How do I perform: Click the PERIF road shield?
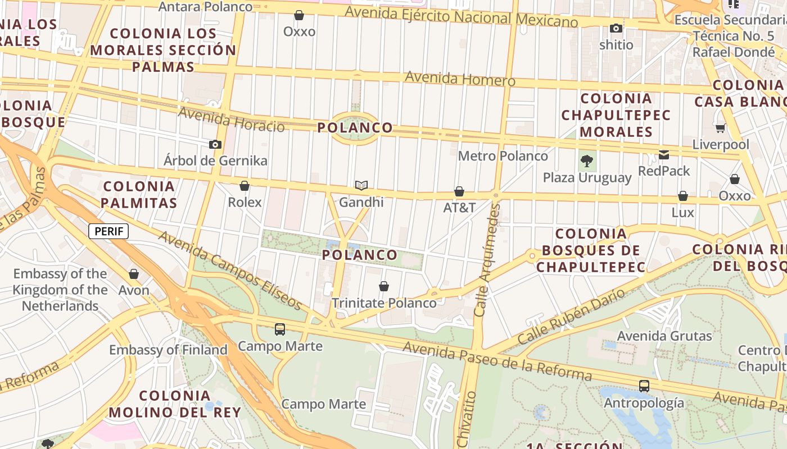[108, 231]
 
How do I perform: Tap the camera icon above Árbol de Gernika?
[215, 145]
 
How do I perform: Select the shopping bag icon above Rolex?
[245, 186]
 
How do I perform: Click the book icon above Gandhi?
[361, 186]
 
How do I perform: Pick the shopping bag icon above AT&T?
[459, 191]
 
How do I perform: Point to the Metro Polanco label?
[503, 156]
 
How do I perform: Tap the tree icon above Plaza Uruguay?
[587, 162]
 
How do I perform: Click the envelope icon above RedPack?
[664, 155]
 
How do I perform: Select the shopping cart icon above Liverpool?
[721, 129]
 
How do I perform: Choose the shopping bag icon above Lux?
[682, 196]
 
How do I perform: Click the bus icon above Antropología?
[644, 386]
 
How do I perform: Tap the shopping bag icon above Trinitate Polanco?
[384, 286]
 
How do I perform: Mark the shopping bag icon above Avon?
[134, 274]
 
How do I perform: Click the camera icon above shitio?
[616, 28]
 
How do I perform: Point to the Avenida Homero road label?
[460, 79]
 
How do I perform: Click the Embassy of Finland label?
[168, 350]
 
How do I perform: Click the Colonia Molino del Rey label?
[175, 404]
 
